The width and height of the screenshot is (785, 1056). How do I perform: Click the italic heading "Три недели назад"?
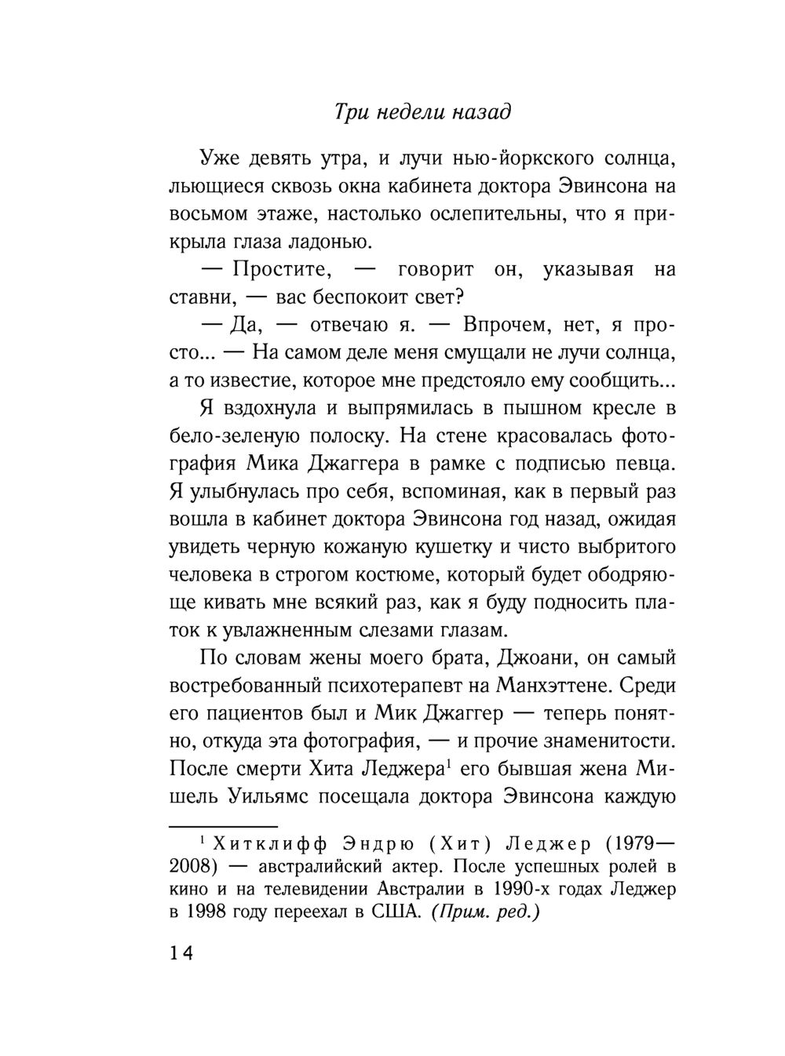(422, 112)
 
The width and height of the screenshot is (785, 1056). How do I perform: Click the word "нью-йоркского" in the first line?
(520, 160)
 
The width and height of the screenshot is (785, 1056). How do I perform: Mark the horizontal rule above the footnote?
(224, 826)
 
